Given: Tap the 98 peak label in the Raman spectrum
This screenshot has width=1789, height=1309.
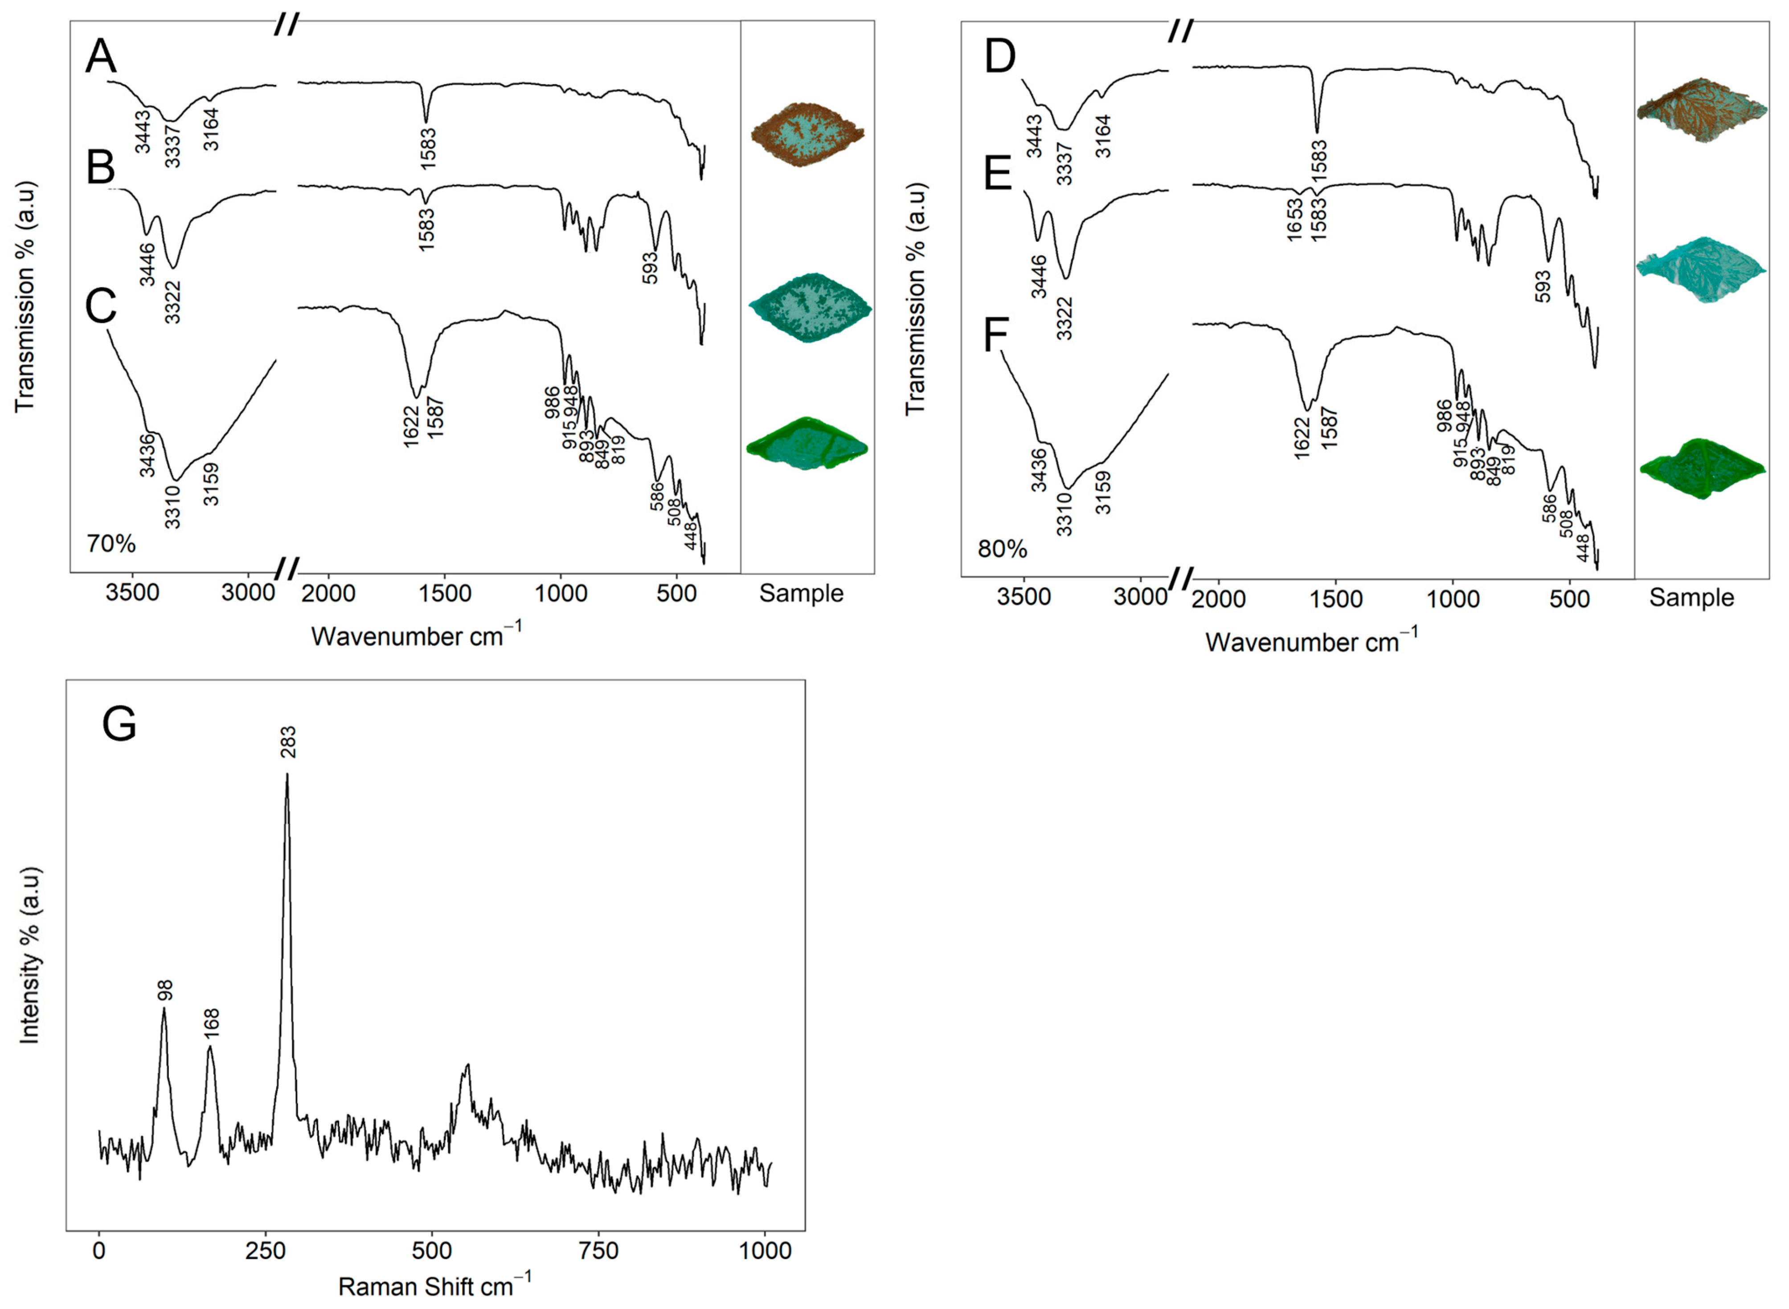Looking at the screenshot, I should coord(165,991).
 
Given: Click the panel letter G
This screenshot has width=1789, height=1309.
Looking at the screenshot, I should coord(120,724).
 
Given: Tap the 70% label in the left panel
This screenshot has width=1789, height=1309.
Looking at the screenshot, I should coord(111,543).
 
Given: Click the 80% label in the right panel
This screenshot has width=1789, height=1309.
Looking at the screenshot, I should coord(1002,549).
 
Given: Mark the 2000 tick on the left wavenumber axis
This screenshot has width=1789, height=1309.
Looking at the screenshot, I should coord(328,593).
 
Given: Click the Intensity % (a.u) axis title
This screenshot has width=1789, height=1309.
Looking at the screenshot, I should coord(29,956).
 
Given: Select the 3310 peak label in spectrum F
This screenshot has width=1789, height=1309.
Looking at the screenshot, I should coord(1064,514).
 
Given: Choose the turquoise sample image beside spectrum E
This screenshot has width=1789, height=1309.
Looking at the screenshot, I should coord(1700,269).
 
